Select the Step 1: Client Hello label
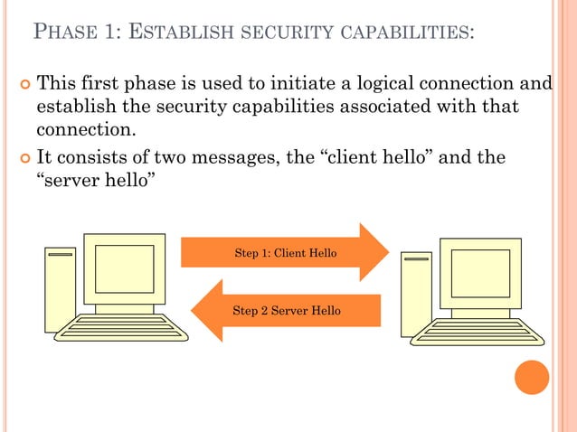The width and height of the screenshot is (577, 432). coord(285,253)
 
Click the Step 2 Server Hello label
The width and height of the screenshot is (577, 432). coord(287,310)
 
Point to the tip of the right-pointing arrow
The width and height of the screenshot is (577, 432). coord(388,252)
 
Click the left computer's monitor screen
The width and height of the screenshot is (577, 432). coord(125,268)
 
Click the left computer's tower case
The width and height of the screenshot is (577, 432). coord(60,289)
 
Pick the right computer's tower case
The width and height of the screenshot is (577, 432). coord(415,294)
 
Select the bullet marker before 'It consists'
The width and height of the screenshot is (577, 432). coord(24,160)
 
